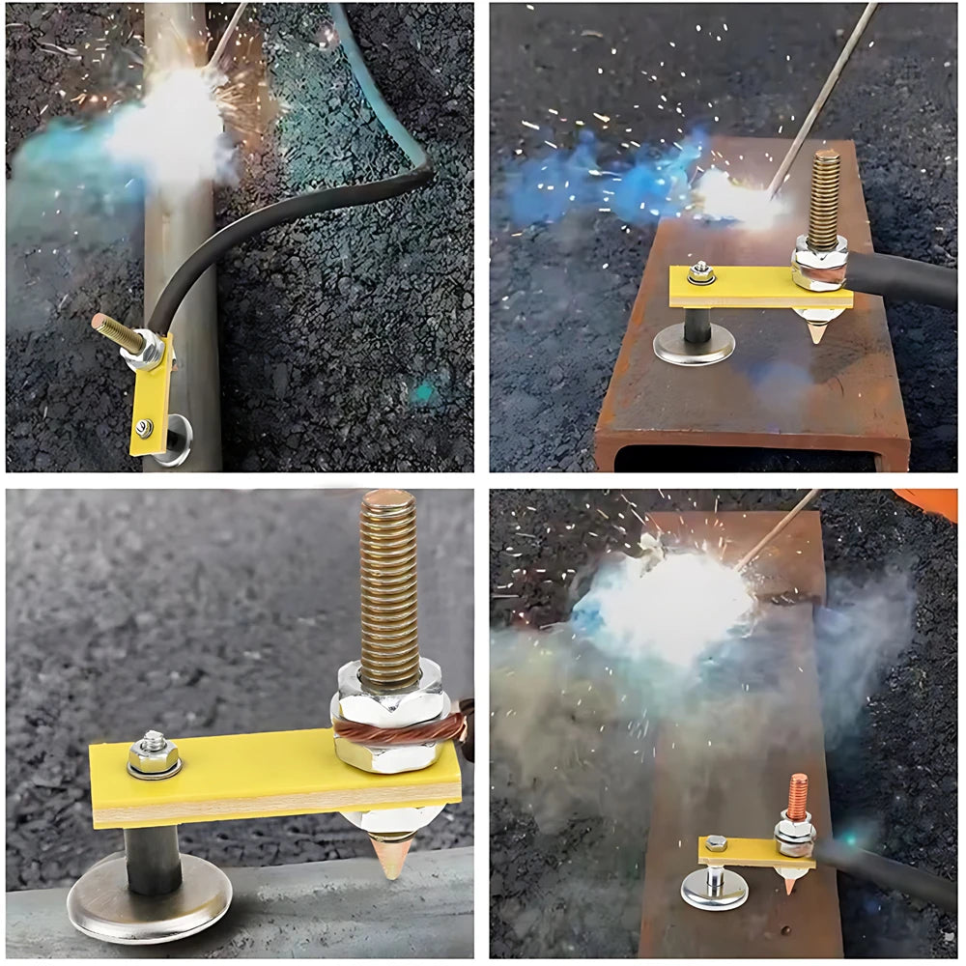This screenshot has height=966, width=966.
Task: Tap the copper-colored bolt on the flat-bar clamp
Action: tap(797, 797)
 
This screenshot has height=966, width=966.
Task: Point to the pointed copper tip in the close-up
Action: tap(391, 856)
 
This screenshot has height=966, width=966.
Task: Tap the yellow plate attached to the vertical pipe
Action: tap(153, 396)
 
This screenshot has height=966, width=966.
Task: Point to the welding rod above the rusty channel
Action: tap(821, 97)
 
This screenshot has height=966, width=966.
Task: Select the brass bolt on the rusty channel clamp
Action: tap(824, 198)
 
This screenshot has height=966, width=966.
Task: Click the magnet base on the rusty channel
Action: tap(694, 345)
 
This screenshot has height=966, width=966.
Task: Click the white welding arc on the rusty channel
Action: tap(734, 198)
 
